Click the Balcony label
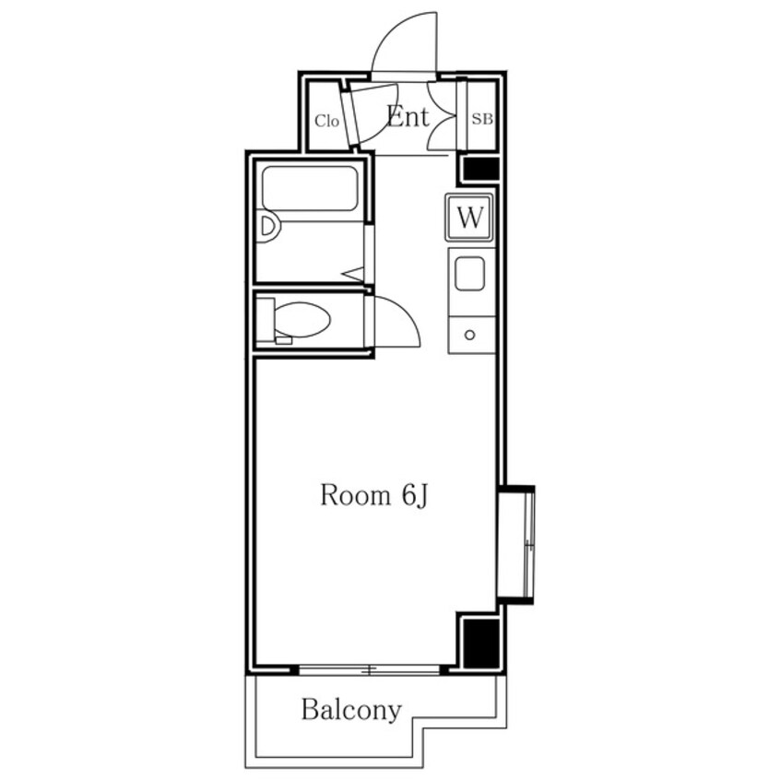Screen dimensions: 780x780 [351, 710]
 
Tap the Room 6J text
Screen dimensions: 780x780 [374, 495]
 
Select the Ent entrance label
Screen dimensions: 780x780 [408, 117]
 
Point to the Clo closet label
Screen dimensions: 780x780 [326, 121]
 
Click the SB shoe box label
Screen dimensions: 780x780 [482, 119]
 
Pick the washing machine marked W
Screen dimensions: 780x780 [469, 218]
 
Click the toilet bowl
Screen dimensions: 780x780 [302, 319]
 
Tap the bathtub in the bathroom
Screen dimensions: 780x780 [310, 188]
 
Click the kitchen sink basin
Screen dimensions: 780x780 [469, 273]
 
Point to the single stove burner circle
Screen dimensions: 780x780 [469, 335]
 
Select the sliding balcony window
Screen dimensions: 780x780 [369, 669]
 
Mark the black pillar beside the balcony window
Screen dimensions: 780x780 [480, 644]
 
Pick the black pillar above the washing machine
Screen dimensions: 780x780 [480, 169]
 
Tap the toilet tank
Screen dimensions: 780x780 [266, 319]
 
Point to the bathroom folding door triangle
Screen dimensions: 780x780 [353, 274]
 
